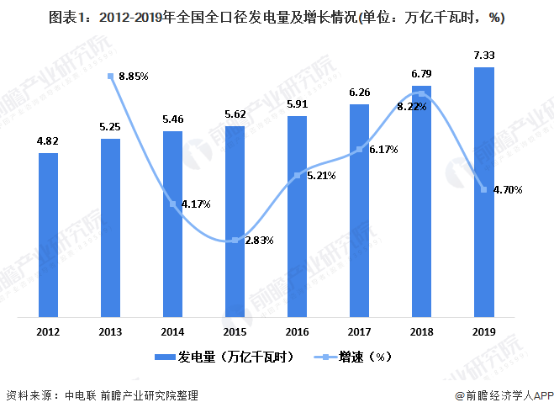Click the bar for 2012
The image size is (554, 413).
[x=49, y=236]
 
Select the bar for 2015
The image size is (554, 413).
[x=235, y=222]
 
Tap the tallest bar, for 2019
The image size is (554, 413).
[x=483, y=193]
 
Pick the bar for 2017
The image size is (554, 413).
[x=359, y=211]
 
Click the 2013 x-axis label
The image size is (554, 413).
[x=111, y=331]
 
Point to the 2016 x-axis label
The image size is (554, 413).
[x=298, y=331]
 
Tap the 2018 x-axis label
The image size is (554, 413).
[x=421, y=331]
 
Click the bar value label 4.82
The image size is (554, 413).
[x=48, y=142]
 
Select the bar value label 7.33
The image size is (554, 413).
[x=483, y=56]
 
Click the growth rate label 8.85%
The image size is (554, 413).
[x=134, y=76]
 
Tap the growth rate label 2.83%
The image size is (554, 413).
[x=259, y=240]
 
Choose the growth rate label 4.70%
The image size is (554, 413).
[x=508, y=190]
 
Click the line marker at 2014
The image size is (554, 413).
[x=173, y=204]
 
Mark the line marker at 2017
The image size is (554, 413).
[x=360, y=150]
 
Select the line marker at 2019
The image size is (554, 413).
[x=483, y=189]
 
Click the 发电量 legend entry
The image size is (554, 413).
[x=227, y=357]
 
